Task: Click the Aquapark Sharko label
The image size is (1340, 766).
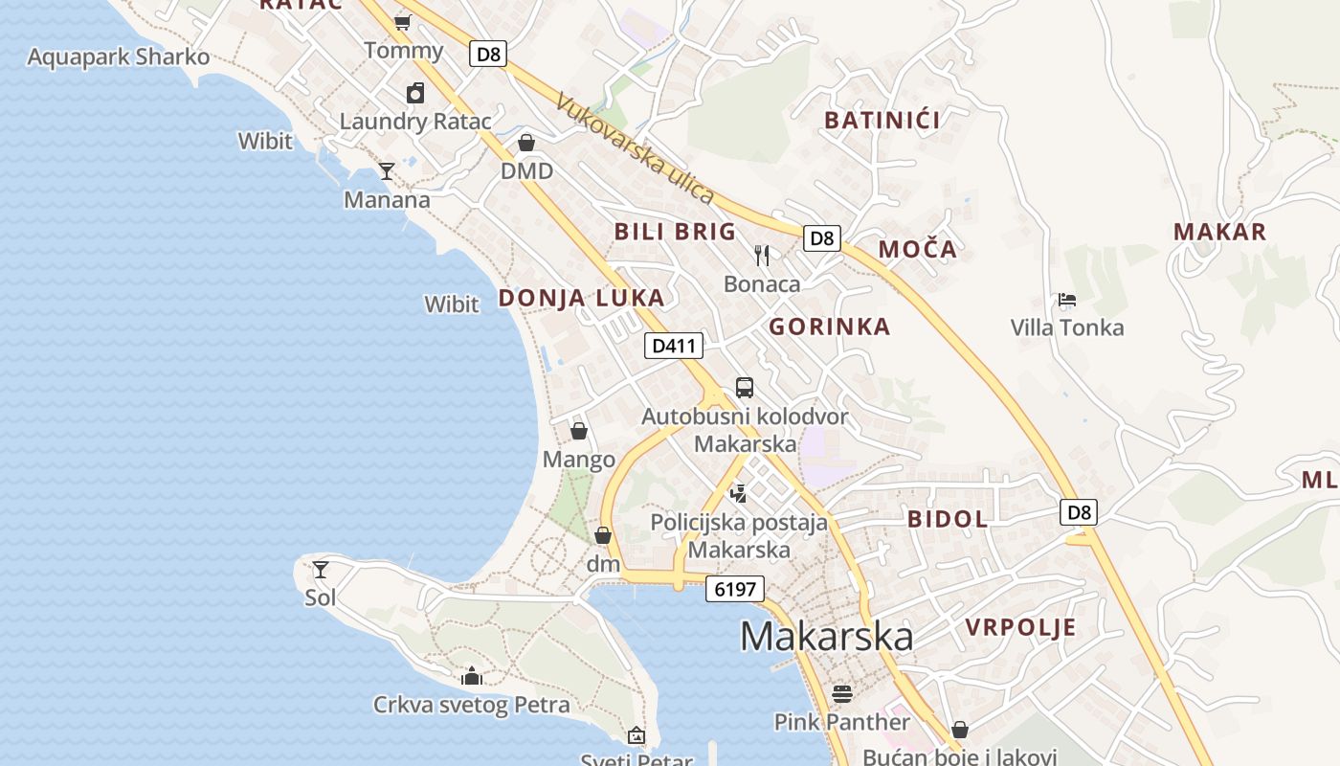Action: pos(118,56)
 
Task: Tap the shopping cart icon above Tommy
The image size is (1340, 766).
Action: pos(402,22)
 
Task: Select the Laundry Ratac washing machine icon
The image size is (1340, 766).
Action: pos(415,93)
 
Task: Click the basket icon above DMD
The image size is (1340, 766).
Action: pos(526,143)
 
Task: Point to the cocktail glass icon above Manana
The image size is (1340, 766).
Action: pos(387,171)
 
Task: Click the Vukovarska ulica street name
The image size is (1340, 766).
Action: pos(634,148)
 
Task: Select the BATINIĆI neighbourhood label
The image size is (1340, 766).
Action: pos(882,121)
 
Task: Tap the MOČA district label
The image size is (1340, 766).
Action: pos(917,250)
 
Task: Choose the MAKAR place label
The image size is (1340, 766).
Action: pos(1219,232)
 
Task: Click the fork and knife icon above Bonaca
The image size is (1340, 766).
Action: pos(762,255)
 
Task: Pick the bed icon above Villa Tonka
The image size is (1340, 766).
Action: pos(1067,300)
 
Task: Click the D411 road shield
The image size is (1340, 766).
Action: pos(674,346)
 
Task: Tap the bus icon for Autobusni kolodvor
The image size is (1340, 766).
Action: pos(745,388)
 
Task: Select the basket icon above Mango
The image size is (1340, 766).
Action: pos(579,431)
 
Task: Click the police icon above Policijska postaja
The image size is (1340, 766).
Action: pos(738,494)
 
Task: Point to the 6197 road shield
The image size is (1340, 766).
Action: pos(735,589)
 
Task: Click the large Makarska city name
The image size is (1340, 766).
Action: pos(827,637)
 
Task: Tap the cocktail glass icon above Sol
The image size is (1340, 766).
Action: pos(321,570)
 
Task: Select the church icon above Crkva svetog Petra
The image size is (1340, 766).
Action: pos(471,676)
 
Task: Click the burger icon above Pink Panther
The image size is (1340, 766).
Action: pos(842,692)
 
